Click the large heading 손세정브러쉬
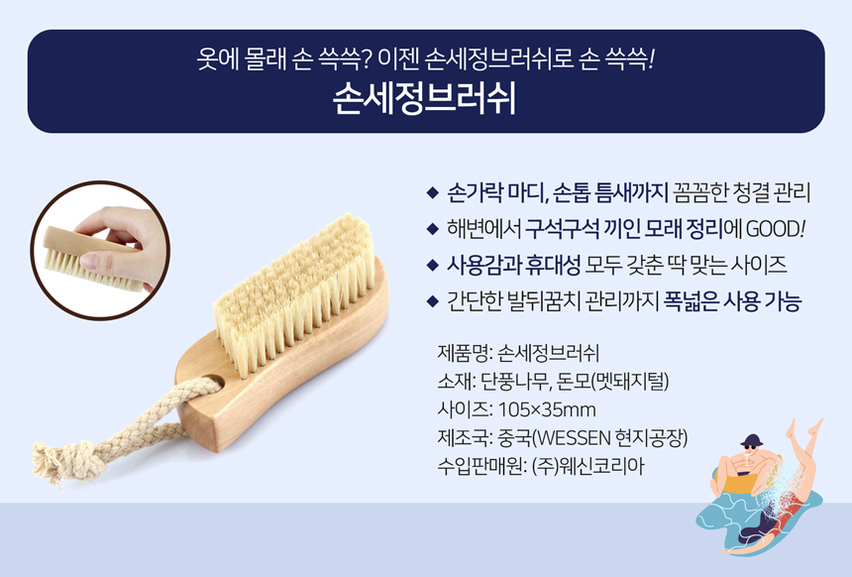(425, 98)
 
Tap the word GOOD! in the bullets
(775, 229)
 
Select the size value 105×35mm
(547, 409)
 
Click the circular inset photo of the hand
(100, 251)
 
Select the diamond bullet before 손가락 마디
(433, 192)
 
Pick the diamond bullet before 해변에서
(433, 229)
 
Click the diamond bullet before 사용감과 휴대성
(433, 265)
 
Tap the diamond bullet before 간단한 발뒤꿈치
(433, 300)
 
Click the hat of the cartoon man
(751, 440)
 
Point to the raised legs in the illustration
(803, 446)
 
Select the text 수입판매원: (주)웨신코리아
(541, 467)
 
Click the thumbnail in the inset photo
(88, 262)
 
